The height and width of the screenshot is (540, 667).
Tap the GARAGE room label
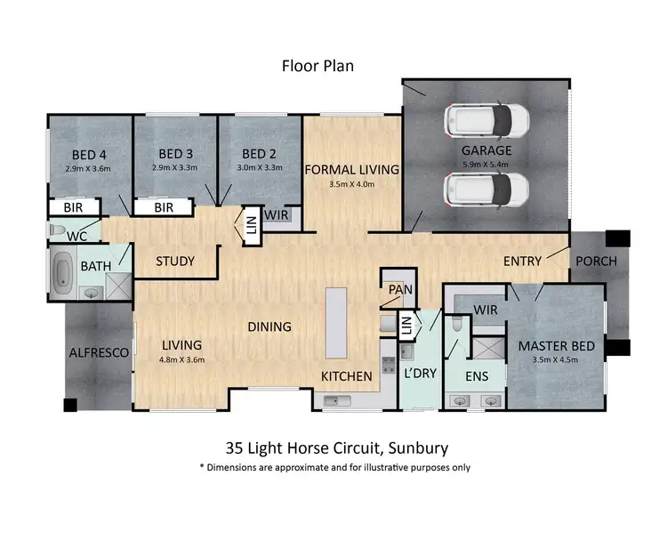(x=486, y=151)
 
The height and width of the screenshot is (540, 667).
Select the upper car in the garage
(x=487, y=118)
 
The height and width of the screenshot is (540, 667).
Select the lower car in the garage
(x=487, y=188)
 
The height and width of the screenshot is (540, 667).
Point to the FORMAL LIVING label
(x=352, y=169)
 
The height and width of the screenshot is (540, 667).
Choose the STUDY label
(x=176, y=262)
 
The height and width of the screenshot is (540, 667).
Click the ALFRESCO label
(x=99, y=353)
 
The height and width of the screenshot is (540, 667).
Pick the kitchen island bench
(x=336, y=321)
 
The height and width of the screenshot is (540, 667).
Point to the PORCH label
(x=597, y=262)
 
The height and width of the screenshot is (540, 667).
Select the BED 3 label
(x=175, y=152)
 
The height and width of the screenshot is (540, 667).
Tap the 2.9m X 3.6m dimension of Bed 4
(x=89, y=166)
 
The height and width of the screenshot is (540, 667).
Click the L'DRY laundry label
(x=421, y=374)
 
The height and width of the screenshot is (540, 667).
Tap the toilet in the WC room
(x=58, y=230)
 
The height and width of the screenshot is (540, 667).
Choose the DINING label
(x=269, y=326)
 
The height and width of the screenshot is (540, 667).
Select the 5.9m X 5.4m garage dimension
(x=486, y=165)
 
